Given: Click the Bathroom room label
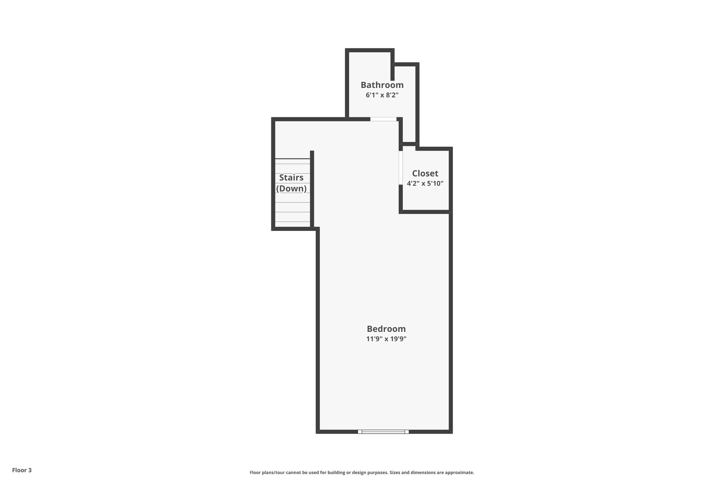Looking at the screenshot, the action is point(382,85).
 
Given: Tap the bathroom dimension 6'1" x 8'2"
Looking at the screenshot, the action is point(382,95).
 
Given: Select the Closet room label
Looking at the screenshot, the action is point(425,173).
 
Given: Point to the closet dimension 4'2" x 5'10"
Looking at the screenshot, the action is point(425,184).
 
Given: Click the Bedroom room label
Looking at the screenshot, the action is point(386,329).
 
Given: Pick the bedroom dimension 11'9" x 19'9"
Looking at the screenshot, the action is point(386,339).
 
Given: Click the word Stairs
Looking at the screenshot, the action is point(291,178).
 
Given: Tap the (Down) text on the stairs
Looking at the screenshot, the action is point(291,189).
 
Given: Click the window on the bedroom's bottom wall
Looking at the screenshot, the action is point(383,432).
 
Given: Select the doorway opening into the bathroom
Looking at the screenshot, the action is point(383,119).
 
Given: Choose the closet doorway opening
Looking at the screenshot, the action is point(401,168).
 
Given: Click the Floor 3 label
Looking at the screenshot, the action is point(22,470).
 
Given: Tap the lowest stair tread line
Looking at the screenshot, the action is point(293,222).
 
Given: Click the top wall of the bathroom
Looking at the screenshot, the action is point(370,50).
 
